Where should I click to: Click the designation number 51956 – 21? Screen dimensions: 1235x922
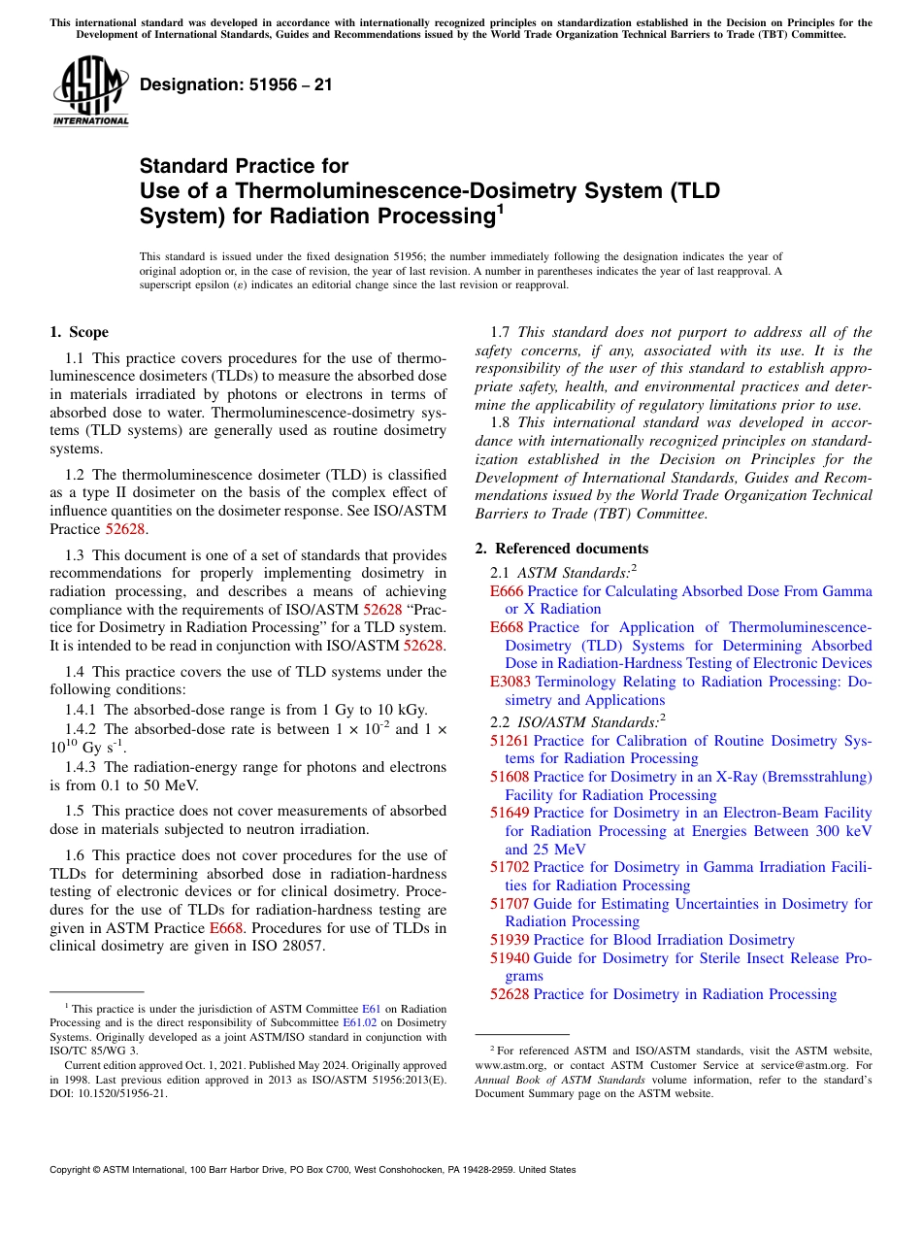236,84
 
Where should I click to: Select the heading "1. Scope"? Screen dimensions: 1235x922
79,332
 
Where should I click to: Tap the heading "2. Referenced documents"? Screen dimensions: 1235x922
561,549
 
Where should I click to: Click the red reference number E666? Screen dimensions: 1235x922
507,590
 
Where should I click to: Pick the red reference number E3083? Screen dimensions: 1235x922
510,682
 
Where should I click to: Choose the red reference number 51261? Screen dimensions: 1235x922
510,741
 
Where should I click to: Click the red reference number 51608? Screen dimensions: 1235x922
510,777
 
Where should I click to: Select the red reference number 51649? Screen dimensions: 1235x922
510,813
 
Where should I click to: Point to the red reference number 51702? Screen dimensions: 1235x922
510,867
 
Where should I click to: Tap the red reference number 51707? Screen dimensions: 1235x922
510,904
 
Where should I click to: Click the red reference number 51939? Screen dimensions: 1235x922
510,940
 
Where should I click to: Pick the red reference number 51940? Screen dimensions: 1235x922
510,958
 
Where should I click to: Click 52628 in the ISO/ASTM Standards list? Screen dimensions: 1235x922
510,994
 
